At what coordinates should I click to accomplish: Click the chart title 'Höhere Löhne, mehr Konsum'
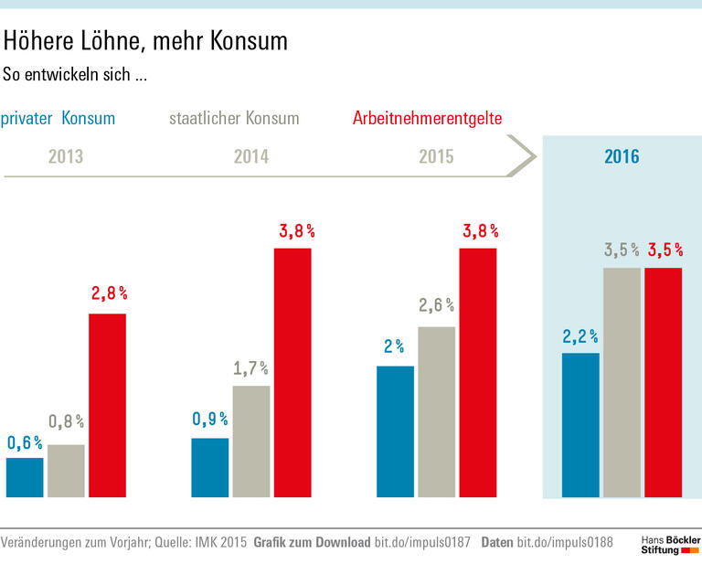146,41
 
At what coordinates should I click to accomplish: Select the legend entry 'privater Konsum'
58,119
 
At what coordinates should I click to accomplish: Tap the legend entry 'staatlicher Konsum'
234,119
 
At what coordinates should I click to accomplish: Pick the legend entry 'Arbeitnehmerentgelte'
427,119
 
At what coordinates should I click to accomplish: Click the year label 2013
66,156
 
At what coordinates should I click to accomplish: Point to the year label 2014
251,156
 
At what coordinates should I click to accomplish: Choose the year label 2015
436,156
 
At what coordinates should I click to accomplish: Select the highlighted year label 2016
622,156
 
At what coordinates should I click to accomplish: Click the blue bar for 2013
25,477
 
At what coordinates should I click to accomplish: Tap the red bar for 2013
107,405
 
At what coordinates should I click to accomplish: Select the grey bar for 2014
251,442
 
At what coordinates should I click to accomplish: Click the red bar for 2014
292,372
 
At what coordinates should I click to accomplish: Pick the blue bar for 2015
395,431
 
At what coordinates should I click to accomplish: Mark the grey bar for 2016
621,382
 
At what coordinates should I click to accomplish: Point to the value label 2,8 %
109,294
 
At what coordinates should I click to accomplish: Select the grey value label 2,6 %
436,306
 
